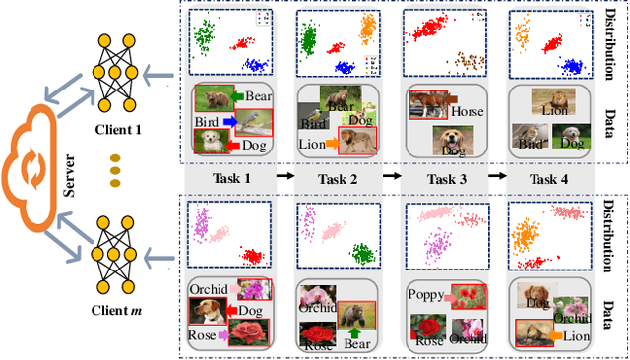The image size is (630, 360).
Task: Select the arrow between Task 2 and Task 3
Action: click(x=391, y=177)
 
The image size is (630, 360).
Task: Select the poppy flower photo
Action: click(x=464, y=295)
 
